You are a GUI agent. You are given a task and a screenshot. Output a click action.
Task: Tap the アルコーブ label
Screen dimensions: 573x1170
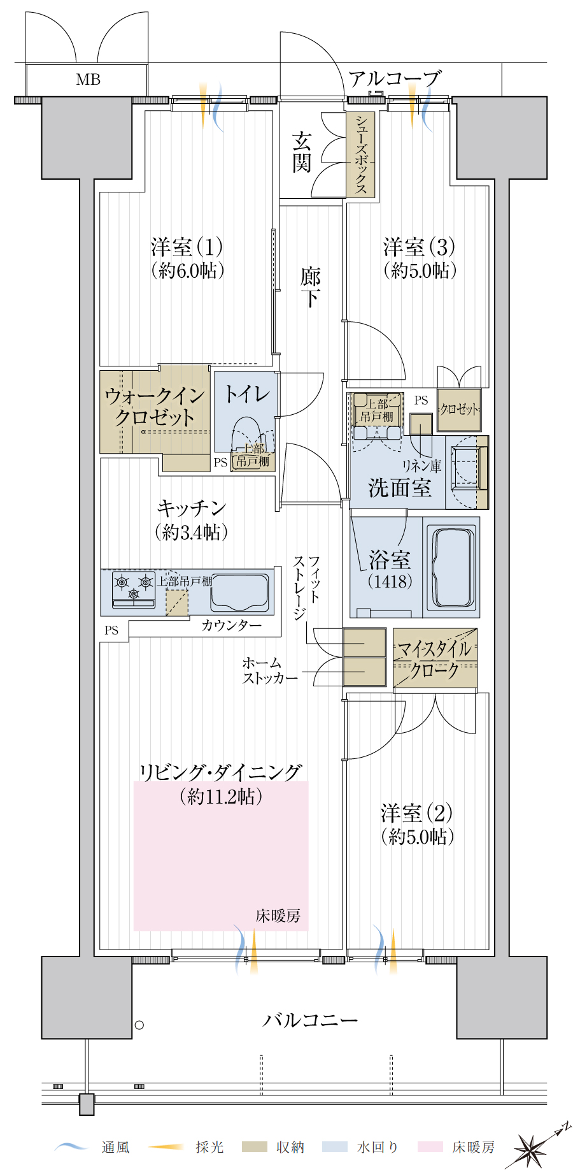click(x=395, y=78)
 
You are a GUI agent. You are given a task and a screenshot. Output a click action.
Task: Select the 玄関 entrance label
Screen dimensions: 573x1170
click(x=302, y=152)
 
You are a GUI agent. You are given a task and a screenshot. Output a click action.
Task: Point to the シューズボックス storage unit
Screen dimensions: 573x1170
click(x=361, y=154)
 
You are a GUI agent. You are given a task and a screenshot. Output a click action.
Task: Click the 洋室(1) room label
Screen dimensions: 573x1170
click(x=187, y=247)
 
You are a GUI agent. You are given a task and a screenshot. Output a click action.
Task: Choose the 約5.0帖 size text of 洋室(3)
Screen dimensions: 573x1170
click(x=420, y=270)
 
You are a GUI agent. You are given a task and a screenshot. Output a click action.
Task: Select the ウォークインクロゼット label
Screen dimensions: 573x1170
click(x=155, y=407)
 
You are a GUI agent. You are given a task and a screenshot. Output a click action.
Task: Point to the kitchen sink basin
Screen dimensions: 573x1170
click(x=239, y=592)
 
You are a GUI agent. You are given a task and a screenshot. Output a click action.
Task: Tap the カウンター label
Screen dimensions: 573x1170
click(x=232, y=625)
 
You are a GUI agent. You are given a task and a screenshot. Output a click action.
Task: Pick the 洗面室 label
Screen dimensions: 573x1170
click(x=399, y=488)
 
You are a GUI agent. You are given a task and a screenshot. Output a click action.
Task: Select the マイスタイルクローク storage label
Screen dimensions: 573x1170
click(x=435, y=660)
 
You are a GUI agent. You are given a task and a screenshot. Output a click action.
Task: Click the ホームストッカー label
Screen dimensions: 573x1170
click(x=270, y=670)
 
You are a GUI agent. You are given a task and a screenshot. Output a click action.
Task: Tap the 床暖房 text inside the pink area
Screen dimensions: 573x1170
click(x=278, y=916)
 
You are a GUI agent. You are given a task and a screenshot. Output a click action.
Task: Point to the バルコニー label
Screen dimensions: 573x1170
click(x=311, y=1020)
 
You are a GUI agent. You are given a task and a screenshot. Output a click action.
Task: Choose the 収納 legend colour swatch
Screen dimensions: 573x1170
click(x=254, y=1147)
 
